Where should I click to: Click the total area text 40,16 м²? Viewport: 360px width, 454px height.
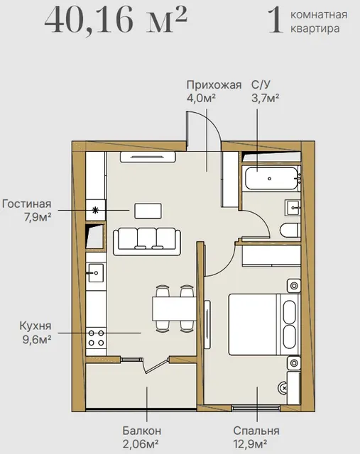coord(116,20)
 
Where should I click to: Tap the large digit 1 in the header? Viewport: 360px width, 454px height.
coord(276,21)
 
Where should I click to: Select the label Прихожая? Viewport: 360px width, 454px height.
coord(214,85)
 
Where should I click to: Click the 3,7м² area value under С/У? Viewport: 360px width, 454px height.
coord(266,99)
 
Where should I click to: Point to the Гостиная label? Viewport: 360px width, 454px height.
coord(27,204)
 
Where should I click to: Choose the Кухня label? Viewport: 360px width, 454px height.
coord(36,326)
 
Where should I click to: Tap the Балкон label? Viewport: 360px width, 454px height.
coord(141,431)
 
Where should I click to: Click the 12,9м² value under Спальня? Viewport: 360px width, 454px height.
coord(250,443)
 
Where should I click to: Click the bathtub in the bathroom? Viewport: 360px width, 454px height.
coord(272,178)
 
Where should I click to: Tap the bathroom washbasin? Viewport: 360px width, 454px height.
coord(293,208)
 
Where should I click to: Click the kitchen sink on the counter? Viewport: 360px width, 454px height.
coord(96,272)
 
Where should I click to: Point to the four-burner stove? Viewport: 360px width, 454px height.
coord(97,338)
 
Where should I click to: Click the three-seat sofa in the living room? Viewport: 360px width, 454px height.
coord(147,242)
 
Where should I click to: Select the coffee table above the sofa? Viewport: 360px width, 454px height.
coord(148,211)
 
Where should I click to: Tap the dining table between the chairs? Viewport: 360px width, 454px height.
coord(174,309)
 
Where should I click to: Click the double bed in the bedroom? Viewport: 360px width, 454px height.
coord(264,325)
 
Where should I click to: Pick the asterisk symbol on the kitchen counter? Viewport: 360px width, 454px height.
coord(95,210)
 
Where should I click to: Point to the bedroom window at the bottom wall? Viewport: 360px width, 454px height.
coord(256,409)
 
